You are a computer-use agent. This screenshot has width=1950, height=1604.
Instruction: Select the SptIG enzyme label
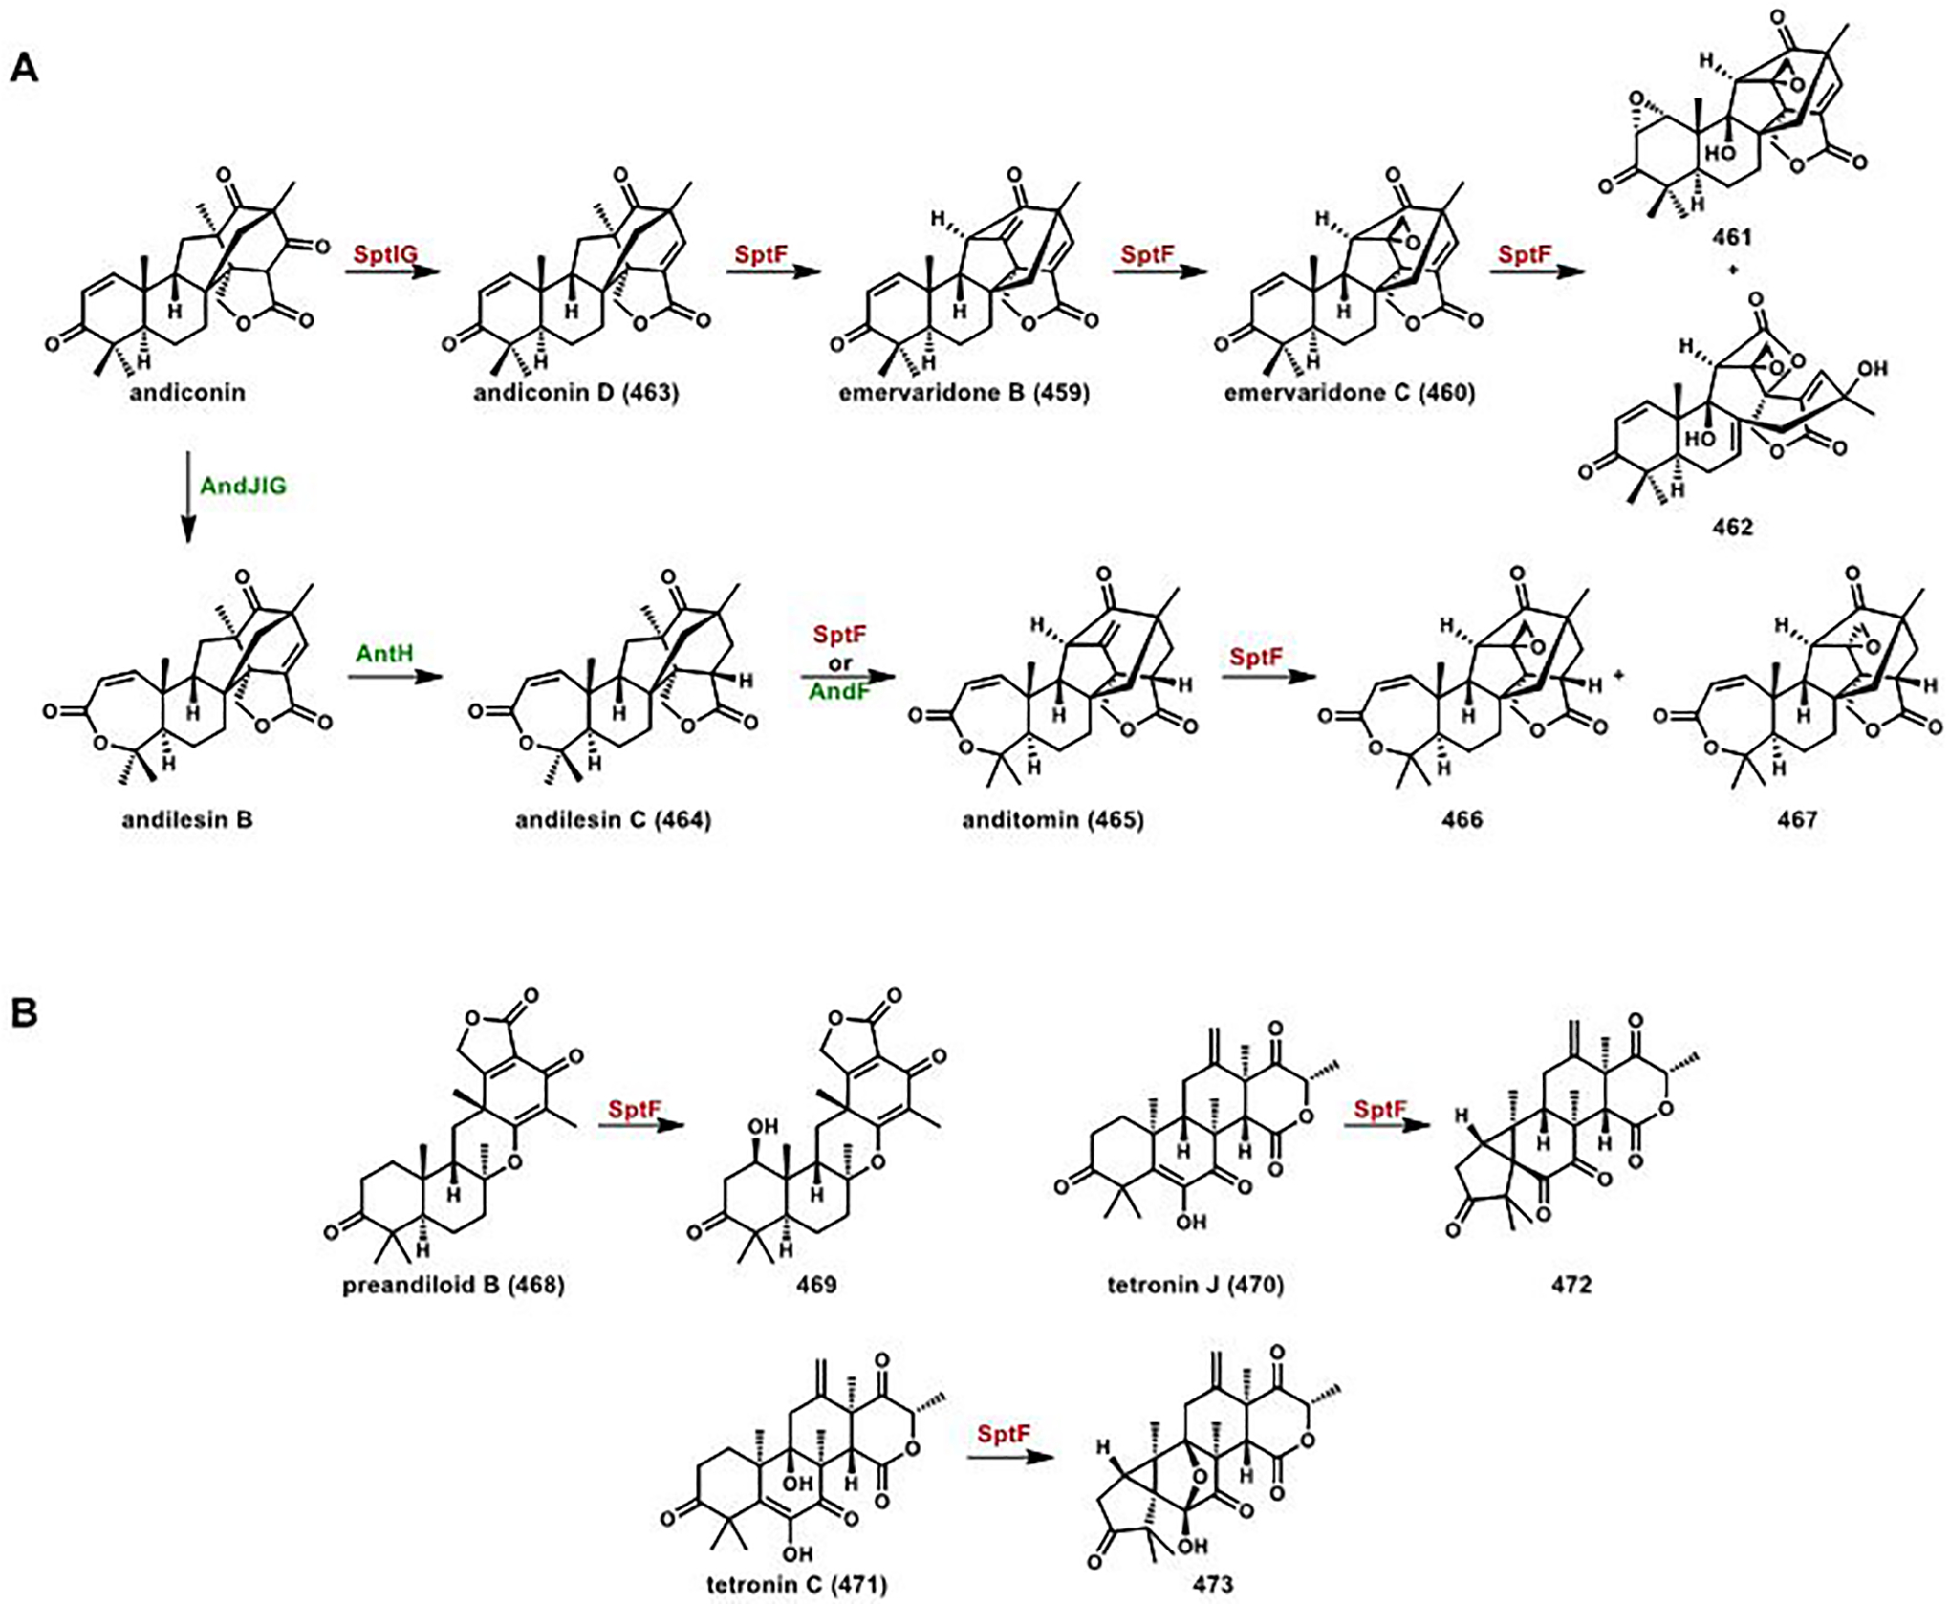tap(385, 254)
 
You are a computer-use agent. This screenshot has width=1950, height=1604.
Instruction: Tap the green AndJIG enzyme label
tap(243, 486)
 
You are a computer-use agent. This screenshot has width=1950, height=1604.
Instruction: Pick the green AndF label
tap(839, 689)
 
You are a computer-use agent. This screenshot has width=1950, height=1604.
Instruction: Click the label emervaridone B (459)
tap(964, 393)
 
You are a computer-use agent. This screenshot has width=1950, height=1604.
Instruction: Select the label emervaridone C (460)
tap(1349, 393)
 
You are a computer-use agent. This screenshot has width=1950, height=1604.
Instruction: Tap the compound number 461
tap(1732, 234)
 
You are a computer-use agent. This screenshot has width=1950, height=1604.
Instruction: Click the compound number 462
tap(1732, 527)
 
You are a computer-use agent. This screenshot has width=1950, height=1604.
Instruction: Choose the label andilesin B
tap(187, 819)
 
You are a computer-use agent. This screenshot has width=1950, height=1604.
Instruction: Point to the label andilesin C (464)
tap(613, 819)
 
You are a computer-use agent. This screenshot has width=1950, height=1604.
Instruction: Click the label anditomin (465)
tap(1052, 819)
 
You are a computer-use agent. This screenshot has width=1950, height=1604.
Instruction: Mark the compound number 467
tap(1797, 819)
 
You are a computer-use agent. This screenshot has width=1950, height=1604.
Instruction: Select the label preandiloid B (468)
tap(453, 1284)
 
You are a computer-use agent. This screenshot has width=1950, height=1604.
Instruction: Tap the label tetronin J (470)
tap(1195, 1284)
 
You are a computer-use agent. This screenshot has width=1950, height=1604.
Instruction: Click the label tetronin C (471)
tap(796, 1584)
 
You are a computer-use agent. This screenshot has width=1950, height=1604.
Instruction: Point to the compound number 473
tap(1212, 1584)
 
